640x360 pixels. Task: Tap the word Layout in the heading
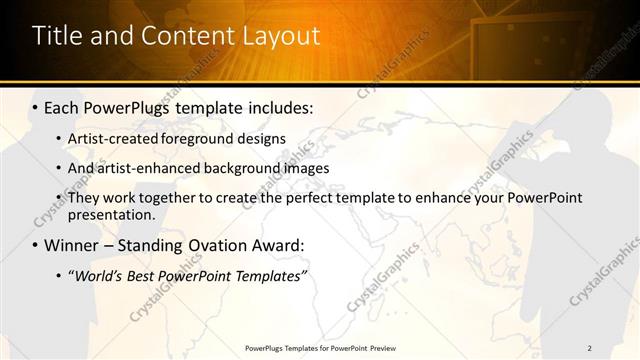tap(282, 36)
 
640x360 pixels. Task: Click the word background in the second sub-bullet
tap(255, 168)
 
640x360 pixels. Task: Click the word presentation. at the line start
tap(111, 214)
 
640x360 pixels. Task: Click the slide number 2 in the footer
tap(590, 348)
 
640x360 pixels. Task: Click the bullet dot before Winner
tap(36, 245)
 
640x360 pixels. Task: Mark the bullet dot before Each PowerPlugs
tap(36, 105)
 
